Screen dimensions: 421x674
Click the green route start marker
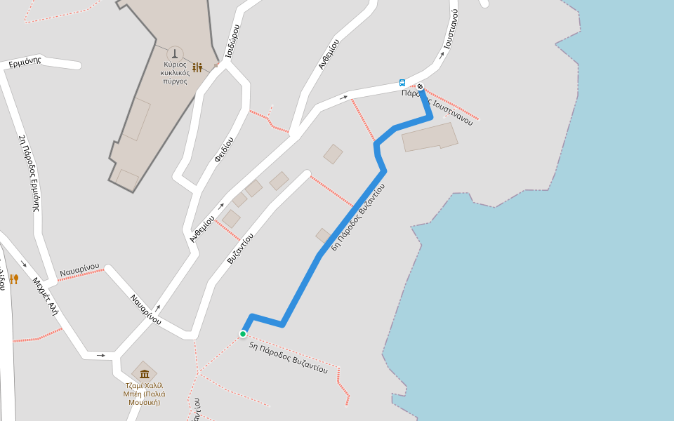243,334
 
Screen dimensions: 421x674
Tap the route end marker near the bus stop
421,87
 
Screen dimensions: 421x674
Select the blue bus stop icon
402,82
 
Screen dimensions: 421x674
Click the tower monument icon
175,53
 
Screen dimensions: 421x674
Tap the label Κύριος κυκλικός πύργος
175,72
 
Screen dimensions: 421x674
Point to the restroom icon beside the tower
197,67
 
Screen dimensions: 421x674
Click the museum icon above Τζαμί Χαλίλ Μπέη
145,373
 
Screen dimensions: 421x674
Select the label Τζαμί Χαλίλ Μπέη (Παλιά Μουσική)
144,394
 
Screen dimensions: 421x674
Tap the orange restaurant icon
13,279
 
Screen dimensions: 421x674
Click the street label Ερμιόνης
25,62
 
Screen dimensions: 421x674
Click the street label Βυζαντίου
240,248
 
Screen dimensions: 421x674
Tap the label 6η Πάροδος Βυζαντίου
358,217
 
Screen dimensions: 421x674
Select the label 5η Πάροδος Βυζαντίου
288,359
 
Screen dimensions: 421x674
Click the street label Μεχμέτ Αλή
44,296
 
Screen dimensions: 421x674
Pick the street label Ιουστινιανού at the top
450,29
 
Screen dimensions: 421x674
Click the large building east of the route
430,137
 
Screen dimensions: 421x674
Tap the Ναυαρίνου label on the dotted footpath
79,272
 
